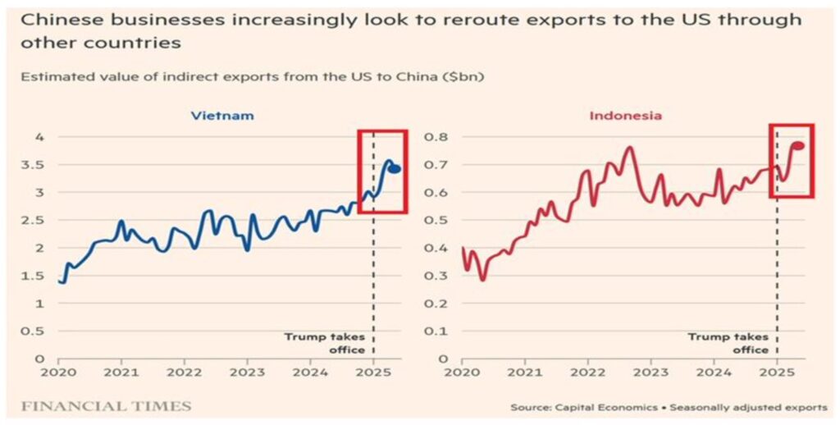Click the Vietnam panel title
point(221,116)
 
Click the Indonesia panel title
point(625,116)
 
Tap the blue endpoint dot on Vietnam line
point(395,169)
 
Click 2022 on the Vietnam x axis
point(185,372)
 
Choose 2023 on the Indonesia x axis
point(651,372)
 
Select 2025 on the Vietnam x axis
point(373,372)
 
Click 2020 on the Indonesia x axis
point(462,372)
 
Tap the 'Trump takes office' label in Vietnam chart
point(325,343)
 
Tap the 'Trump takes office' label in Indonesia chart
point(728,343)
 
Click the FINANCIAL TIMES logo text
point(106,406)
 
